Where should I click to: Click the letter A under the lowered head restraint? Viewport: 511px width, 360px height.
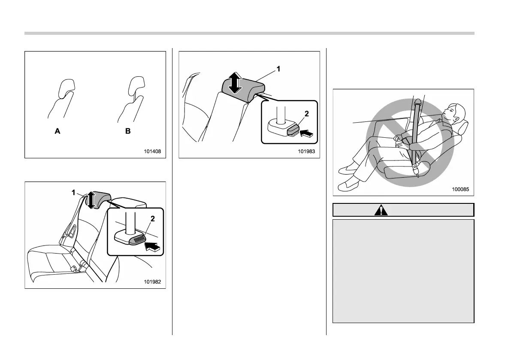point(57,132)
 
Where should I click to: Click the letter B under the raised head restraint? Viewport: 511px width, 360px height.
point(128,132)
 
